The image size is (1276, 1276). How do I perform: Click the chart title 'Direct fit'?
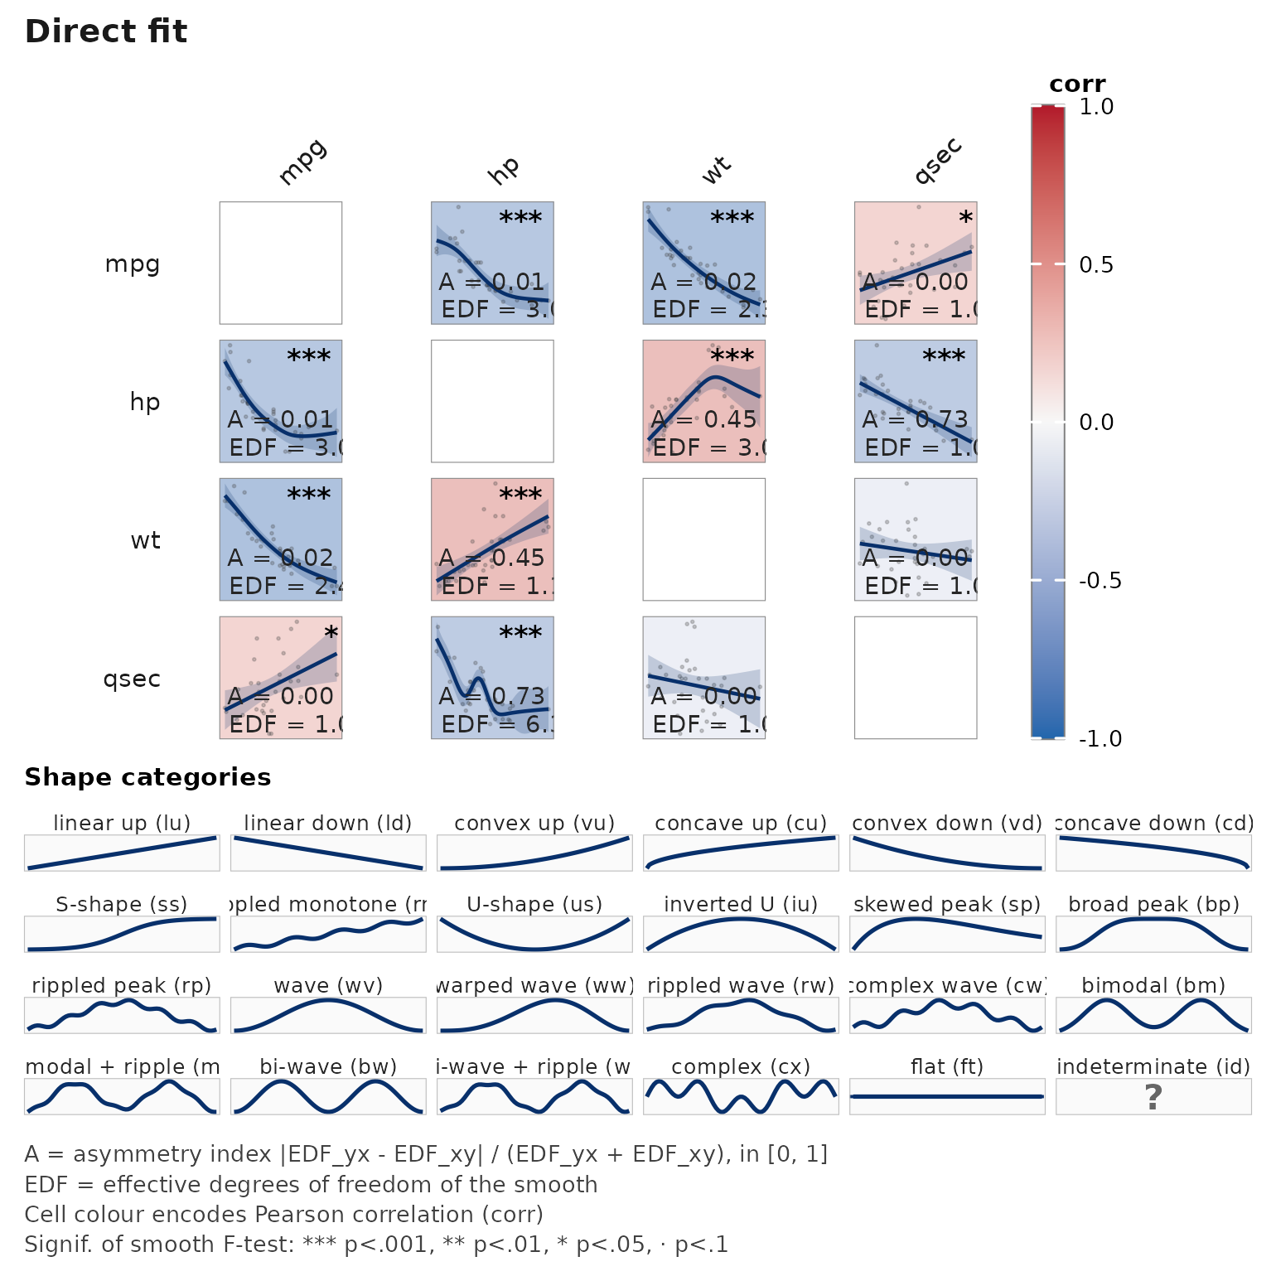(x=106, y=31)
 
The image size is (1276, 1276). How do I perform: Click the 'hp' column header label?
(x=504, y=169)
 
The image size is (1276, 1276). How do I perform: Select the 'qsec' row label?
(x=132, y=679)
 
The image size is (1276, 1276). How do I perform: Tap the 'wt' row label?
(x=145, y=540)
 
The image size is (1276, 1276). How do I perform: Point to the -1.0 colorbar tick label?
(x=1100, y=738)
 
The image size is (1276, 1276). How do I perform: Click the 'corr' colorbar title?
(x=1076, y=85)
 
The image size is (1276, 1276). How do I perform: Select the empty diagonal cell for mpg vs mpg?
(x=281, y=263)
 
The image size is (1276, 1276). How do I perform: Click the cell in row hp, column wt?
(x=703, y=401)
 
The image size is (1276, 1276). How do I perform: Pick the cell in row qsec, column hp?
(x=492, y=678)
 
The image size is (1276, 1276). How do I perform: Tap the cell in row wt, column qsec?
(x=916, y=539)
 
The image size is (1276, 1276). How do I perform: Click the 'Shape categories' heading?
(x=147, y=777)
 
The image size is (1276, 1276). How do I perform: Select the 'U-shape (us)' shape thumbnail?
(x=534, y=934)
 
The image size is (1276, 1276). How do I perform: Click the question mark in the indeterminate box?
(x=1153, y=1097)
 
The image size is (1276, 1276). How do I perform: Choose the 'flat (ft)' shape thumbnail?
(x=947, y=1096)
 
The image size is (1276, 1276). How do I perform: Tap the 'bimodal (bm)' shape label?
(x=1153, y=985)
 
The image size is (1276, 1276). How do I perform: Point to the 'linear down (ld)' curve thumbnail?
(x=328, y=853)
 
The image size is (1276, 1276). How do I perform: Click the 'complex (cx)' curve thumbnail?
(x=741, y=1096)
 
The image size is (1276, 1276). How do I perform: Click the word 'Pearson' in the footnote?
(x=295, y=1215)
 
